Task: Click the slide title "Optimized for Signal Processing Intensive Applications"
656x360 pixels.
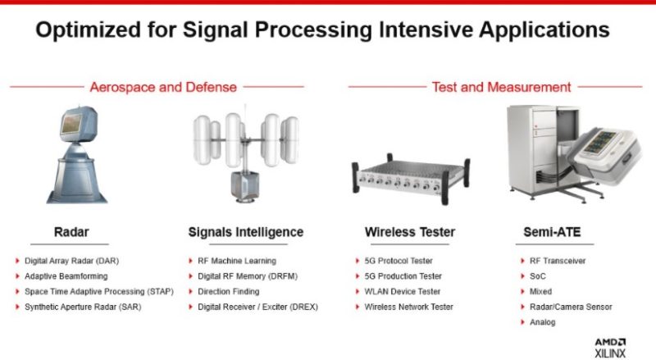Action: pos(322,30)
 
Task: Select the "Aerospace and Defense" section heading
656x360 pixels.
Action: pos(163,87)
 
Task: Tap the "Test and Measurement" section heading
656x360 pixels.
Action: pos(501,87)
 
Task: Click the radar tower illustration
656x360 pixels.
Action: pos(77,154)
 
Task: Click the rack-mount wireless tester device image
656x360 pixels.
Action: pos(411,179)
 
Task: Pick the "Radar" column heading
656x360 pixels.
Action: pos(71,232)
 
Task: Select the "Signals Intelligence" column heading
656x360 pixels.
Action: pos(245,232)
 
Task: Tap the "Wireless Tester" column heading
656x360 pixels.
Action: pos(410,232)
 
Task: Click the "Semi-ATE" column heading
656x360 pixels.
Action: pos(552,232)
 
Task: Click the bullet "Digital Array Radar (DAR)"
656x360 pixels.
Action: pos(71,261)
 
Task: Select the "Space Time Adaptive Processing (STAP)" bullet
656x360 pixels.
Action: pos(99,291)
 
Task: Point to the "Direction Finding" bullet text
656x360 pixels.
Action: pos(229,291)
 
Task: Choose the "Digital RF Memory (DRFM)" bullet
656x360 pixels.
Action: pos(248,276)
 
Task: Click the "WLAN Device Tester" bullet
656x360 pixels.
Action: pos(403,291)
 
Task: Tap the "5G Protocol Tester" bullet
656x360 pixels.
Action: pos(399,261)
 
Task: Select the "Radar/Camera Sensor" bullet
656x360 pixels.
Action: pos(571,307)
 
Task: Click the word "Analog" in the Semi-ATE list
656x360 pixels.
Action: pos(543,322)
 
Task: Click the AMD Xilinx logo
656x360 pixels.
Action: pos(610,349)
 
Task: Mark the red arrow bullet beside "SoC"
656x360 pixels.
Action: pos(522,276)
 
